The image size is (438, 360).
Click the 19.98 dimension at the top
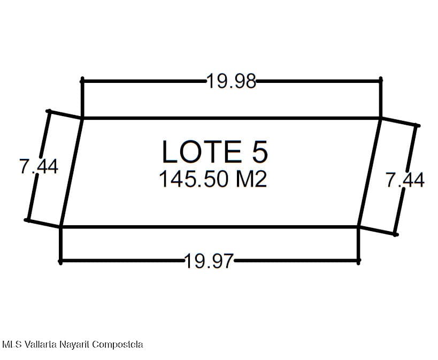[x=231, y=81]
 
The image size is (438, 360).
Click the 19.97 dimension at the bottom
[x=209, y=261]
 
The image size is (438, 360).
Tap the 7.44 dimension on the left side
[x=39, y=166]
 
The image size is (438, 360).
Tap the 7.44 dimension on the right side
[x=405, y=180]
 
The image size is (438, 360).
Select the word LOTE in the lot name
[x=202, y=151]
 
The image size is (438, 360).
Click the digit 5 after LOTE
[x=260, y=151]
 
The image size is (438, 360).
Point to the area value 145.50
[x=193, y=179]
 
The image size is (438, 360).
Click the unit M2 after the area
[x=251, y=179]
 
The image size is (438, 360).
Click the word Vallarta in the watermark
[x=41, y=344]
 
